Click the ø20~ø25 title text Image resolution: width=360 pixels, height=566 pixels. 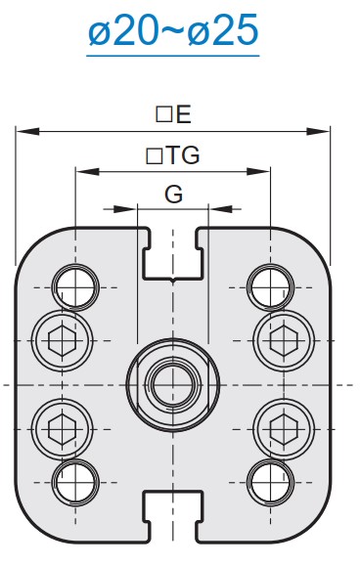click(173, 30)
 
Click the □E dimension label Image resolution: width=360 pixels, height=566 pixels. click(173, 114)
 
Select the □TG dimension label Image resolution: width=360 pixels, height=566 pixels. click(172, 155)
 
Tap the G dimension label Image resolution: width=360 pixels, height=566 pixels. click(174, 195)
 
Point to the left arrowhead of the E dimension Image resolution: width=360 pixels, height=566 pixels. click(27, 131)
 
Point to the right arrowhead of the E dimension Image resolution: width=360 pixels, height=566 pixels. click(318, 131)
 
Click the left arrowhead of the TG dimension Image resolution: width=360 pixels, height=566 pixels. click(87, 171)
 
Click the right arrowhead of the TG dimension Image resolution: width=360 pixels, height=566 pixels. click(258, 171)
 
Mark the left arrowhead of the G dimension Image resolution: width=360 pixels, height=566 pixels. click(125, 209)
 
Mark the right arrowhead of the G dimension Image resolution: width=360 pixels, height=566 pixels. click(221, 209)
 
